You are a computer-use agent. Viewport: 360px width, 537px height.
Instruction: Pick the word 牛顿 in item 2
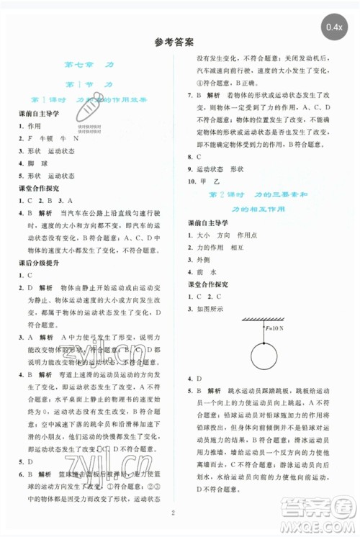[49, 138]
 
